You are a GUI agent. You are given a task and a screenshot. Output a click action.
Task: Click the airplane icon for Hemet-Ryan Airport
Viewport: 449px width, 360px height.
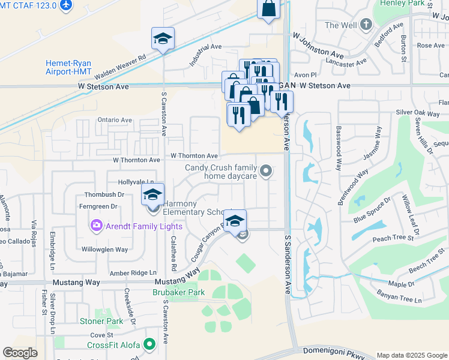coord(65,5)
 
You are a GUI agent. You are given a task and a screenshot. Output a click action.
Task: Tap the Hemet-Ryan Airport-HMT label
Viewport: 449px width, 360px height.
coord(68,67)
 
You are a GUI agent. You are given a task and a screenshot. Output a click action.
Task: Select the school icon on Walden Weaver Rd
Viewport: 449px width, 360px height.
coord(163,39)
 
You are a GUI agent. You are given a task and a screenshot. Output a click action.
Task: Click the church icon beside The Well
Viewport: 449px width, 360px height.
coord(366,25)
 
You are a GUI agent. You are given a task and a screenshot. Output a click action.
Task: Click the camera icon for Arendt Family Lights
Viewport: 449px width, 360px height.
coord(95,226)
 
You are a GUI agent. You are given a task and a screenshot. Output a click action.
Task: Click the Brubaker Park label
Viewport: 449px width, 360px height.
coord(179,292)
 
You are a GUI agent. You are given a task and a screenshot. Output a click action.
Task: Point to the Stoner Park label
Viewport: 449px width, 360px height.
coord(101,321)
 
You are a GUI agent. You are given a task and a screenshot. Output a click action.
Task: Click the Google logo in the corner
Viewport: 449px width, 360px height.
coord(20,353)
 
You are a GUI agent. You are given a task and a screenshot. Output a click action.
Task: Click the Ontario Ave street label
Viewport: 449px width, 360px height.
coord(114,120)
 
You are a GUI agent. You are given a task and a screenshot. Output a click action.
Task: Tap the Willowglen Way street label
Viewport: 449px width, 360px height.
coord(104,249)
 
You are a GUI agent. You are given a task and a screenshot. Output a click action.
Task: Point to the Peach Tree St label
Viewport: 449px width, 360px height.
coord(393,238)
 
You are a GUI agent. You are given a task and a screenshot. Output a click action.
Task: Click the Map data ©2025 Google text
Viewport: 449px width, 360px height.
coord(411,355)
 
